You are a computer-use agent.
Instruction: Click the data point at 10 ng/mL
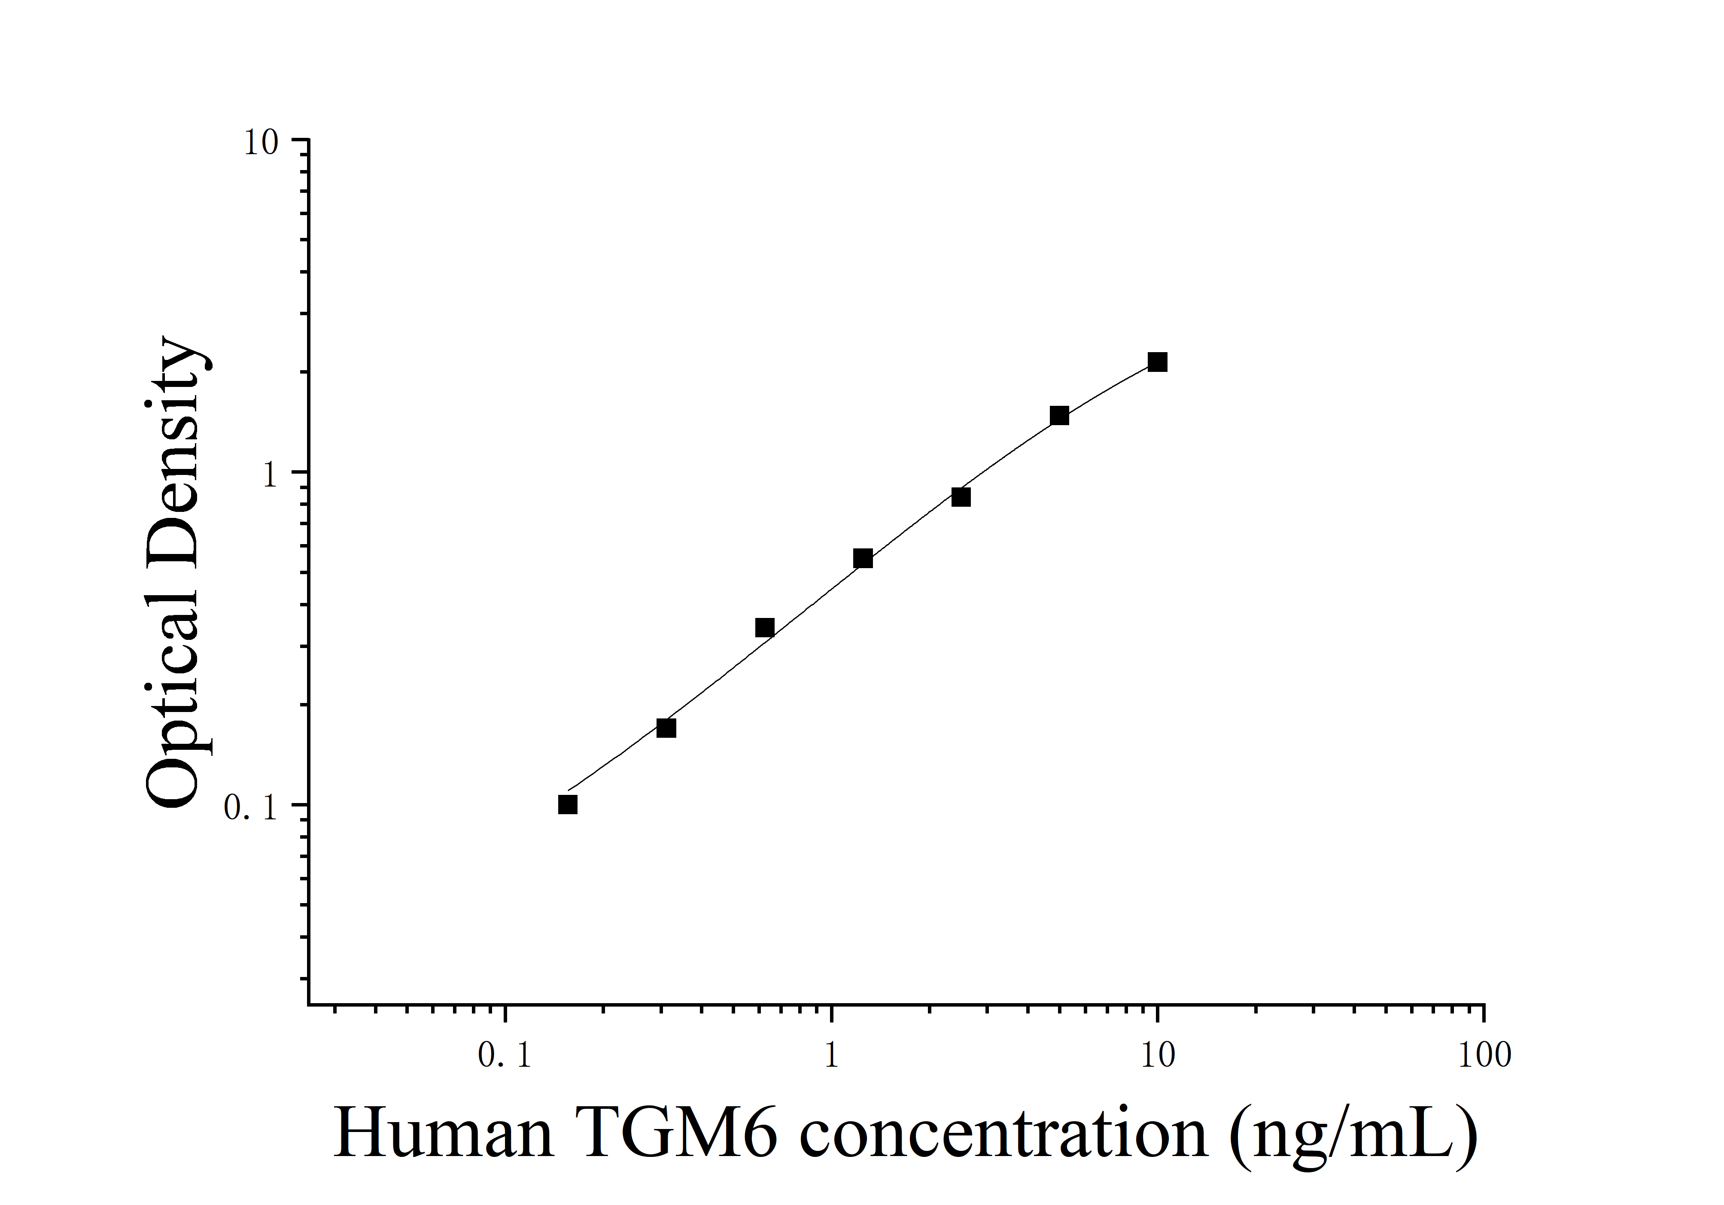click(x=1157, y=362)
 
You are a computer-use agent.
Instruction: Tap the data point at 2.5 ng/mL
click(x=961, y=497)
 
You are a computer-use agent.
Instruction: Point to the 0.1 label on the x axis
click(x=505, y=1056)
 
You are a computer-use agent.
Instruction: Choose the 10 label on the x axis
click(x=1157, y=1056)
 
